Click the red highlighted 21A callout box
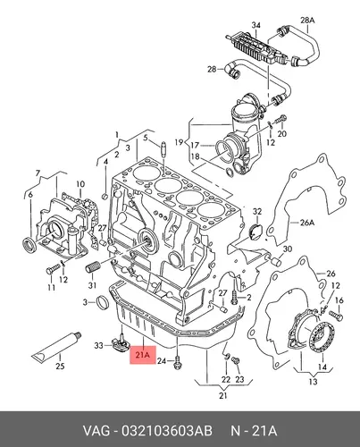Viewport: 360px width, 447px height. pos(143,355)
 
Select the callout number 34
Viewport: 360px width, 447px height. pos(255,25)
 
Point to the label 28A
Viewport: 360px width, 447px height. pos(307,21)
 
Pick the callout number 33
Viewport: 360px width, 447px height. pos(98,345)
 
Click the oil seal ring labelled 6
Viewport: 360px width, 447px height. pos(29,245)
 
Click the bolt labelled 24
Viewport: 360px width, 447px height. pos(178,362)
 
